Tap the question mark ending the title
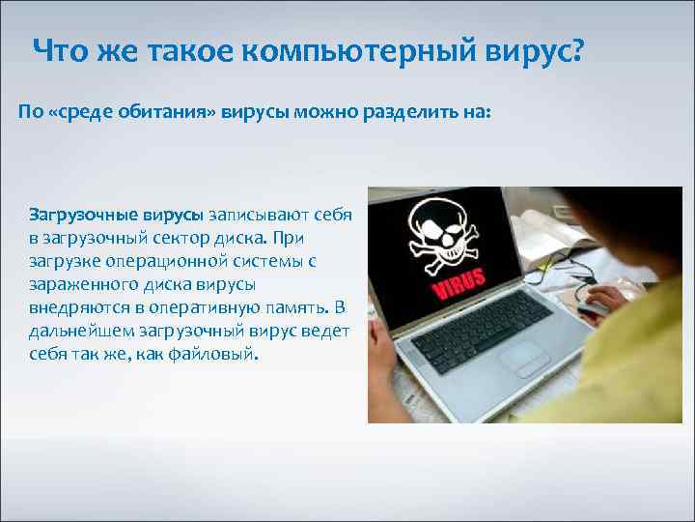(x=576, y=52)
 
